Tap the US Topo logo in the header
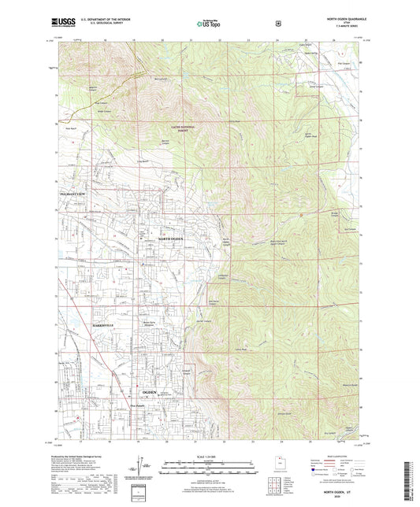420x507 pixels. pos(209,25)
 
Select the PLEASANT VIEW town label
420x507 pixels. pos(69,191)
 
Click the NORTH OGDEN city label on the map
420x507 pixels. pos(174,237)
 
